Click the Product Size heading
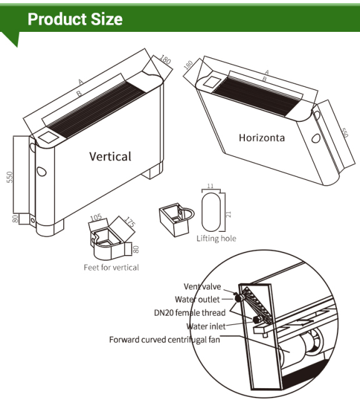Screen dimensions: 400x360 tap(75, 19)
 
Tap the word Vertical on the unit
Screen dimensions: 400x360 tap(110, 156)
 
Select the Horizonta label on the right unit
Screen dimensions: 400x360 tap(261, 137)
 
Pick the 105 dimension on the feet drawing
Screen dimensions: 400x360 tap(95, 218)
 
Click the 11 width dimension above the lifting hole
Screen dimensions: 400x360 tap(210, 187)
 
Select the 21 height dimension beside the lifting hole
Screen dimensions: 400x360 tap(229, 214)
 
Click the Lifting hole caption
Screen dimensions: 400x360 tap(216, 239)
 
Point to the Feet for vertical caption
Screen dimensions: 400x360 tap(111, 267)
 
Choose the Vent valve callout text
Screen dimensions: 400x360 tap(202, 287)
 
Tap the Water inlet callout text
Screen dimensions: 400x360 tap(206, 326)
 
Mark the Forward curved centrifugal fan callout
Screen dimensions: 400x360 tap(164, 340)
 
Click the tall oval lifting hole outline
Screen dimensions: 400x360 tap(210, 212)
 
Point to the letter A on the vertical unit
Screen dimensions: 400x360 tap(81, 81)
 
